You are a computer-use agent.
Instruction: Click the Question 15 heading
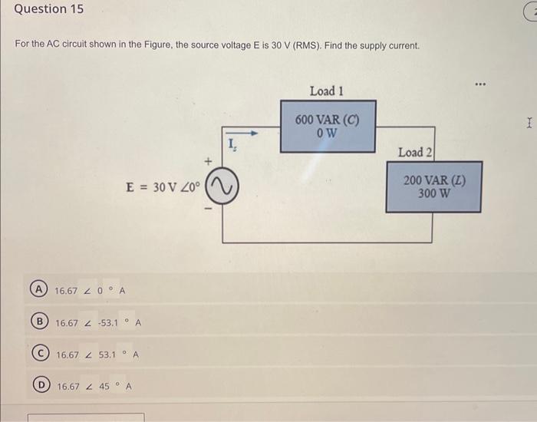pyautogui.click(x=48, y=10)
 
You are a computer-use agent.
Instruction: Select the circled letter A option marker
pyautogui.click(x=37, y=291)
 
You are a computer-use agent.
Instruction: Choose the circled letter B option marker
pyautogui.click(x=37, y=323)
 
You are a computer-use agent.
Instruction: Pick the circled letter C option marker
pyautogui.click(x=37, y=355)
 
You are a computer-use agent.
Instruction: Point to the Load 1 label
pyautogui.click(x=326, y=91)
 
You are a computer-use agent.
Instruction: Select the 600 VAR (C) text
pyautogui.click(x=326, y=120)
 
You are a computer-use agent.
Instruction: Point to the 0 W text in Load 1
pyautogui.click(x=326, y=133)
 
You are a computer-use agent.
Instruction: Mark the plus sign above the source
pyautogui.click(x=206, y=163)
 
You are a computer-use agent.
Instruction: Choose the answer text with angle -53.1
pyautogui.click(x=98, y=323)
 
